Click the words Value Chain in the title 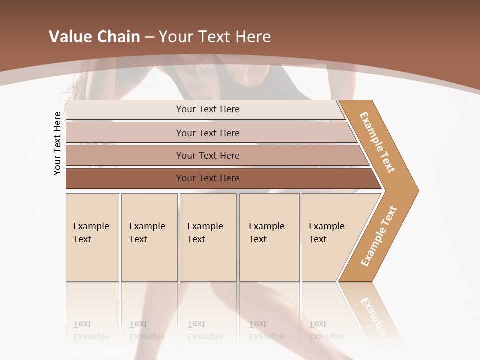tap(94, 37)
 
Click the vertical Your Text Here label tap(57, 143)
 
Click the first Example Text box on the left tap(92, 237)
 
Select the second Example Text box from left tap(149, 237)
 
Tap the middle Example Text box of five tap(208, 237)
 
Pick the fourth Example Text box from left tap(269, 237)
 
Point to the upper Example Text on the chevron tap(377, 142)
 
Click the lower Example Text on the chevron tap(379, 236)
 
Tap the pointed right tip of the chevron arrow tap(415, 190)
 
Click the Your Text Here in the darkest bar tap(208, 178)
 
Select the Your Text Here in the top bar tap(208, 109)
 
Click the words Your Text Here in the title tap(215, 37)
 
